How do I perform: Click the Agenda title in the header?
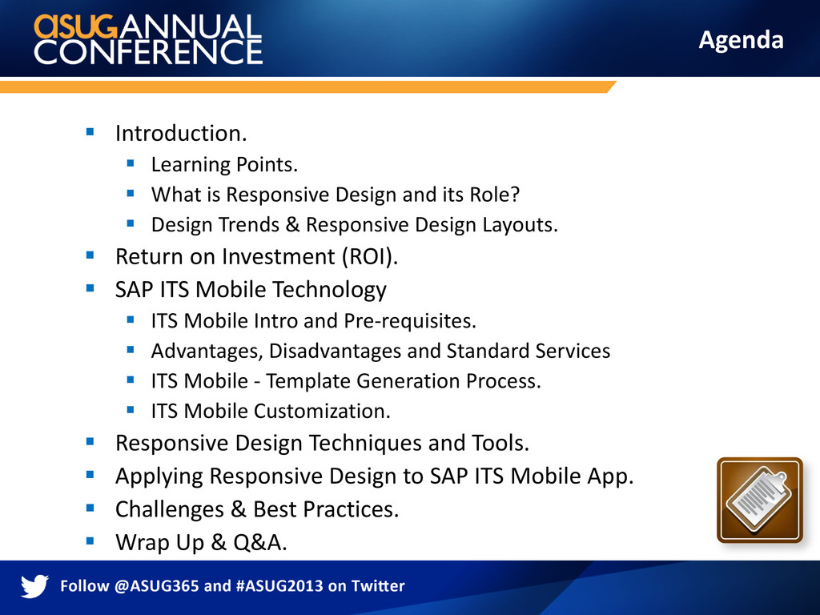click(x=741, y=40)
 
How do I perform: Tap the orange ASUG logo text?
click(x=76, y=26)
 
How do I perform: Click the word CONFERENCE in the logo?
click(x=148, y=52)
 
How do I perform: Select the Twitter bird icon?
click(x=34, y=586)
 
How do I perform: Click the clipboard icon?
click(x=759, y=500)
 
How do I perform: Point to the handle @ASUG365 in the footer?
click(x=156, y=585)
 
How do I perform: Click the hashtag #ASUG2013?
click(x=279, y=585)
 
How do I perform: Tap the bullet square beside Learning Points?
click(x=131, y=163)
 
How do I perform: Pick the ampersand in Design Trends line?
click(x=292, y=225)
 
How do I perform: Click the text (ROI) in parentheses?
click(x=370, y=257)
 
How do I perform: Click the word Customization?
click(x=323, y=412)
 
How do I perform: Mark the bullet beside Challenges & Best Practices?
click(x=90, y=508)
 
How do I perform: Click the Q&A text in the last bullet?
click(x=260, y=542)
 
